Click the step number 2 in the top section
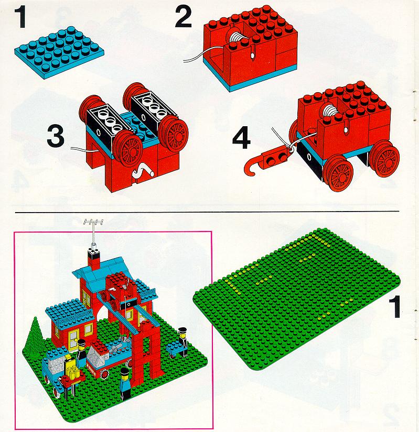[184, 17]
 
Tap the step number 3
[56, 136]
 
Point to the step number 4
[242, 139]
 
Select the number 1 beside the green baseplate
[394, 307]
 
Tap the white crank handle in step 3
[142, 171]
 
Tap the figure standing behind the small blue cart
[182, 341]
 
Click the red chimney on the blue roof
[94, 259]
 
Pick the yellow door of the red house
[73, 340]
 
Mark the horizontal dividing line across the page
[207, 212]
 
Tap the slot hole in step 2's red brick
[253, 53]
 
